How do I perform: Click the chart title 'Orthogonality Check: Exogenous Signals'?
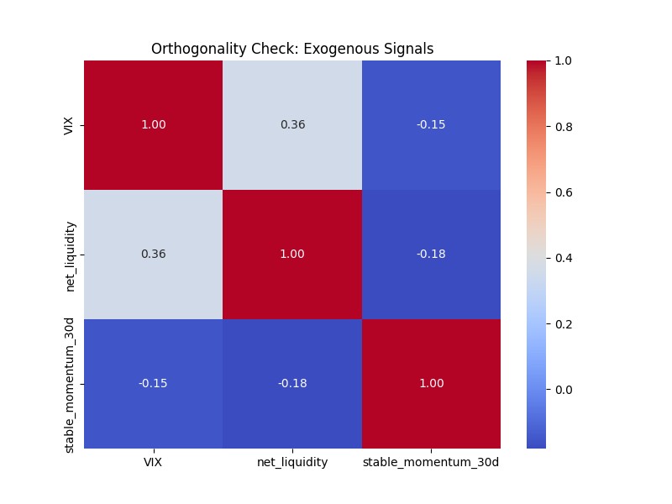(292, 49)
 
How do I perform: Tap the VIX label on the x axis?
(154, 463)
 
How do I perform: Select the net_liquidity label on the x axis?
(292, 463)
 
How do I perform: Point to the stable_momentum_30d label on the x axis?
(431, 463)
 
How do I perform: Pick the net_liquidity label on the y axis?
(71, 255)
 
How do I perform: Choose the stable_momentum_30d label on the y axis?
(71, 383)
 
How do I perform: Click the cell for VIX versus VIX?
(154, 125)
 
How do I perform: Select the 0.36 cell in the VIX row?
(292, 125)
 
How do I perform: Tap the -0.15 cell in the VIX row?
(431, 125)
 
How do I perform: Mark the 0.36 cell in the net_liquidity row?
(154, 255)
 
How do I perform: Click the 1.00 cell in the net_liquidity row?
(292, 255)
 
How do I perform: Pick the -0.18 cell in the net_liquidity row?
(431, 255)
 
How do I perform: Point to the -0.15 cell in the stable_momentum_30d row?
(154, 383)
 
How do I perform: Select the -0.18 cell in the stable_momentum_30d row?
(292, 383)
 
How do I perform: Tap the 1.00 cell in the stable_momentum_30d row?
(431, 383)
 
